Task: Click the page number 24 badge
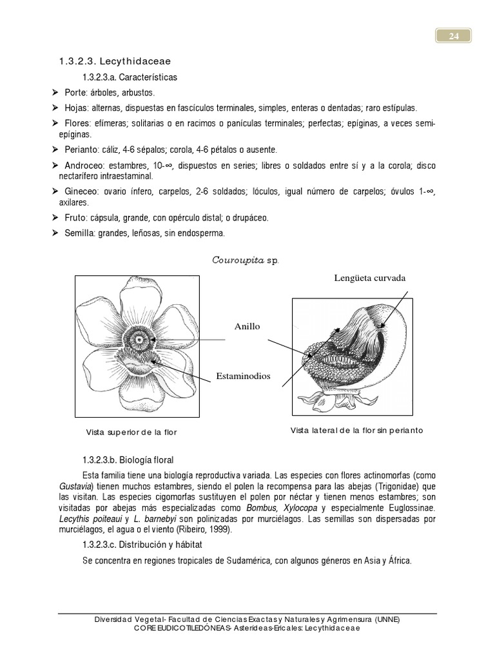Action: point(454,37)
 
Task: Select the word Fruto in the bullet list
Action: point(75,218)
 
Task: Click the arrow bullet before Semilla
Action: point(55,233)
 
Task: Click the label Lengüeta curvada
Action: point(370,278)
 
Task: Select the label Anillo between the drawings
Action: point(247,326)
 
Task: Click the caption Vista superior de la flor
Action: point(131,432)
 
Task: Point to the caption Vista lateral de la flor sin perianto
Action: point(356,431)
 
